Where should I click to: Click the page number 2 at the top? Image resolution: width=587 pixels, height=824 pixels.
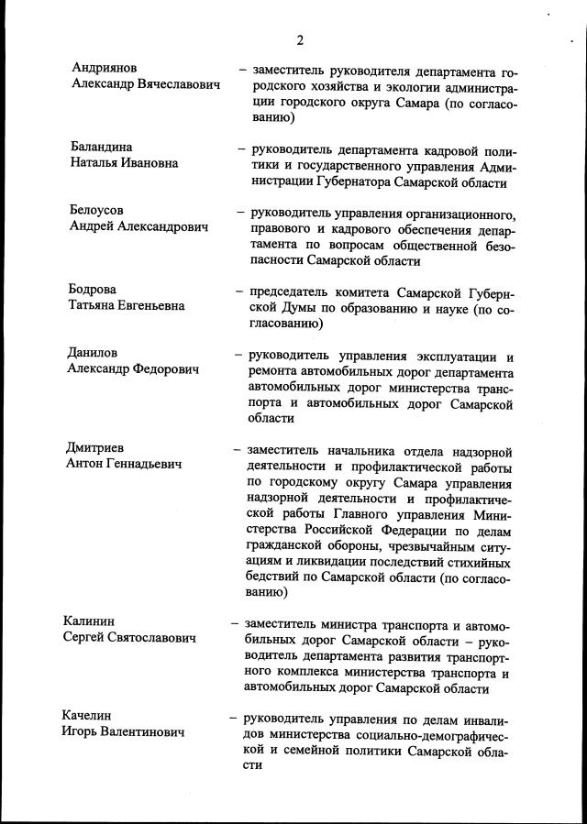(x=300, y=39)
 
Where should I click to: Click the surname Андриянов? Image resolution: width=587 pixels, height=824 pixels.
(x=105, y=69)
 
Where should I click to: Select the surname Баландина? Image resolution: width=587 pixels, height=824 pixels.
(x=102, y=147)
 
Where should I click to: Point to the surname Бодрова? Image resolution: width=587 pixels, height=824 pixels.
(x=92, y=289)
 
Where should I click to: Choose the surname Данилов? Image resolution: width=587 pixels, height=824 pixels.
(x=93, y=352)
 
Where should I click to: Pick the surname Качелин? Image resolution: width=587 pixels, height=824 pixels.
(x=90, y=716)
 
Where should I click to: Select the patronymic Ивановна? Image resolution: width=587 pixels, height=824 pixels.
(x=147, y=163)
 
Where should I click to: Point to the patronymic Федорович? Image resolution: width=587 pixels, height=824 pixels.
(x=161, y=368)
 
